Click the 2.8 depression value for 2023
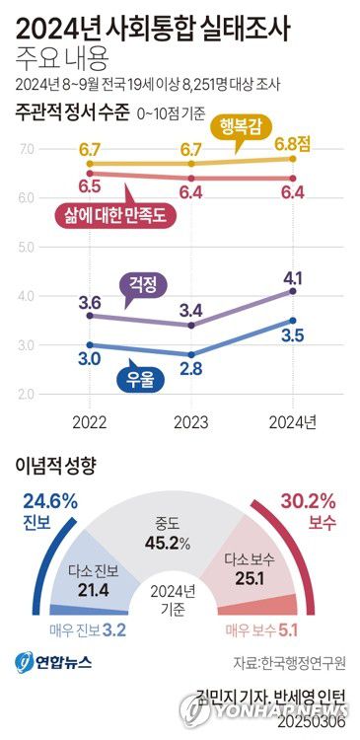pos(190,368)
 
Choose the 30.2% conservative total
pos(312,500)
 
